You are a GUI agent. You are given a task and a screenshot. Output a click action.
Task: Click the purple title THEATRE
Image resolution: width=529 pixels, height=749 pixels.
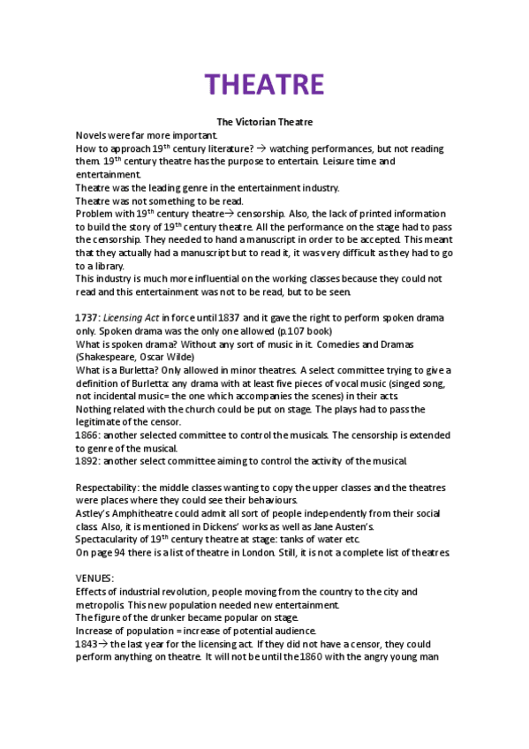pos(265,84)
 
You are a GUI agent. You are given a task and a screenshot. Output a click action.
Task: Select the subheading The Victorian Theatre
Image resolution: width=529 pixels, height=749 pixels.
pos(265,121)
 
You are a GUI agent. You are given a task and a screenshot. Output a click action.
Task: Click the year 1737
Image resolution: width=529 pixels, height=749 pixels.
pos(87,317)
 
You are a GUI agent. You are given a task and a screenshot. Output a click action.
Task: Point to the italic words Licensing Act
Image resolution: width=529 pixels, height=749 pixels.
pos(131,317)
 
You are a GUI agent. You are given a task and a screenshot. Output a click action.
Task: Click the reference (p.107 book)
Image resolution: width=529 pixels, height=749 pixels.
pos(302,330)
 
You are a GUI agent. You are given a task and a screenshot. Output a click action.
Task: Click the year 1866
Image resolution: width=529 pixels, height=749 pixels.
pos(87,435)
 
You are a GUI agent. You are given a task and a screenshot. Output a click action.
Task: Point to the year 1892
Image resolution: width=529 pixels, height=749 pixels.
pos(87,461)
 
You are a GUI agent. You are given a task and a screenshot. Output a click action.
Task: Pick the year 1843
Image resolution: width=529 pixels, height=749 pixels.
pos(87,645)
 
